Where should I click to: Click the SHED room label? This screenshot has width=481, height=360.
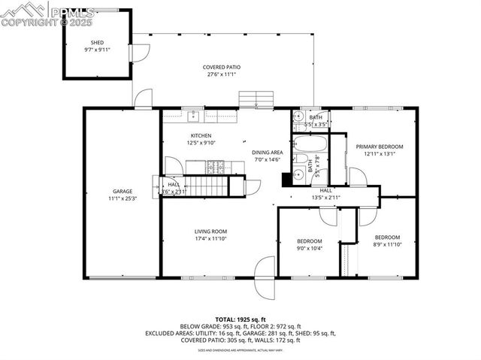(x=98, y=42)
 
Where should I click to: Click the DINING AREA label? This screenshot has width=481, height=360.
(x=267, y=152)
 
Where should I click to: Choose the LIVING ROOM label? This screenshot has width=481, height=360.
(x=210, y=231)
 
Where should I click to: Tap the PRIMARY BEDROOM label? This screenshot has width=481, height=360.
(x=380, y=147)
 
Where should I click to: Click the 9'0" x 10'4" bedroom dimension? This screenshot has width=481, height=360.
(x=309, y=249)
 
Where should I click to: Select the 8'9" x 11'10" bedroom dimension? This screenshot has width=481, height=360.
(x=389, y=244)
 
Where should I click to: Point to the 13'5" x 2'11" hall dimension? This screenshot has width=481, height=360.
(x=325, y=198)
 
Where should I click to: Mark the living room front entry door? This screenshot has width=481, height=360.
(x=265, y=268)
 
